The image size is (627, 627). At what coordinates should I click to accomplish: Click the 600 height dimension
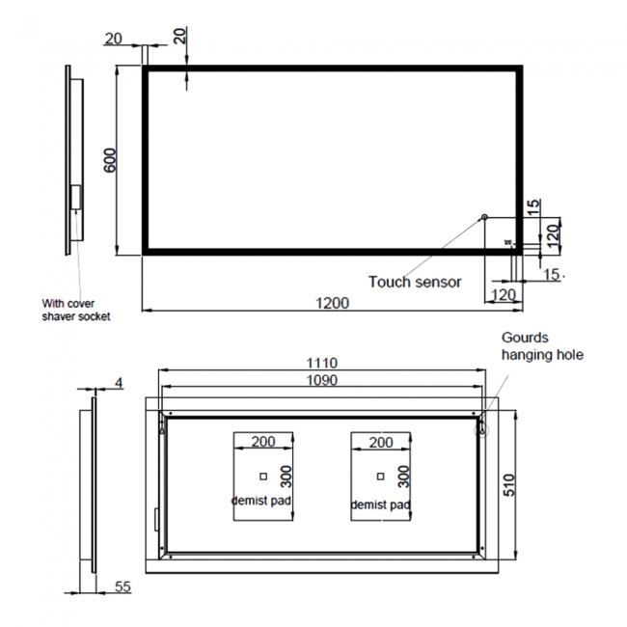tap(111, 159)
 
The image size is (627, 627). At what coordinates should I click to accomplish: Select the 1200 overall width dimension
tap(332, 303)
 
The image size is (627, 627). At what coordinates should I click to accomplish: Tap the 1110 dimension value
tap(322, 363)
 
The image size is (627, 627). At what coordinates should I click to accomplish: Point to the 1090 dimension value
tap(322, 381)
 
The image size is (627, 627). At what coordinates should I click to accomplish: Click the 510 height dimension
tap(511, 483)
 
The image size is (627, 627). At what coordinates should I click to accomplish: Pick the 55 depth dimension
tap(122, 586)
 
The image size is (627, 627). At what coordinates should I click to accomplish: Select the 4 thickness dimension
tap(119, 383)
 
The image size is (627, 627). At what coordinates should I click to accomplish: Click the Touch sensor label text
tap(415, 282)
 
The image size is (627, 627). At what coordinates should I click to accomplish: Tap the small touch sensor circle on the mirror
tap(484, 216)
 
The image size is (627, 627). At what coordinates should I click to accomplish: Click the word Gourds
tap(525, 338)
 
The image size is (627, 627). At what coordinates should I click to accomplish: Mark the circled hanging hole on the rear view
tap(481, 425)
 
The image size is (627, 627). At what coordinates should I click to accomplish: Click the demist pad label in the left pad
tap(261, 501)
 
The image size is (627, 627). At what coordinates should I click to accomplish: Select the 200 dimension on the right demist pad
tap(381, 442)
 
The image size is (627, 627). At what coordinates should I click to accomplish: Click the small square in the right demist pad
tap(381, 476)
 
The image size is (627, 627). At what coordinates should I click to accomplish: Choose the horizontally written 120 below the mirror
tap(503, 293)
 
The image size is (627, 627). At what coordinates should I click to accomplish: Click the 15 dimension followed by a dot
tap(552, 275)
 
